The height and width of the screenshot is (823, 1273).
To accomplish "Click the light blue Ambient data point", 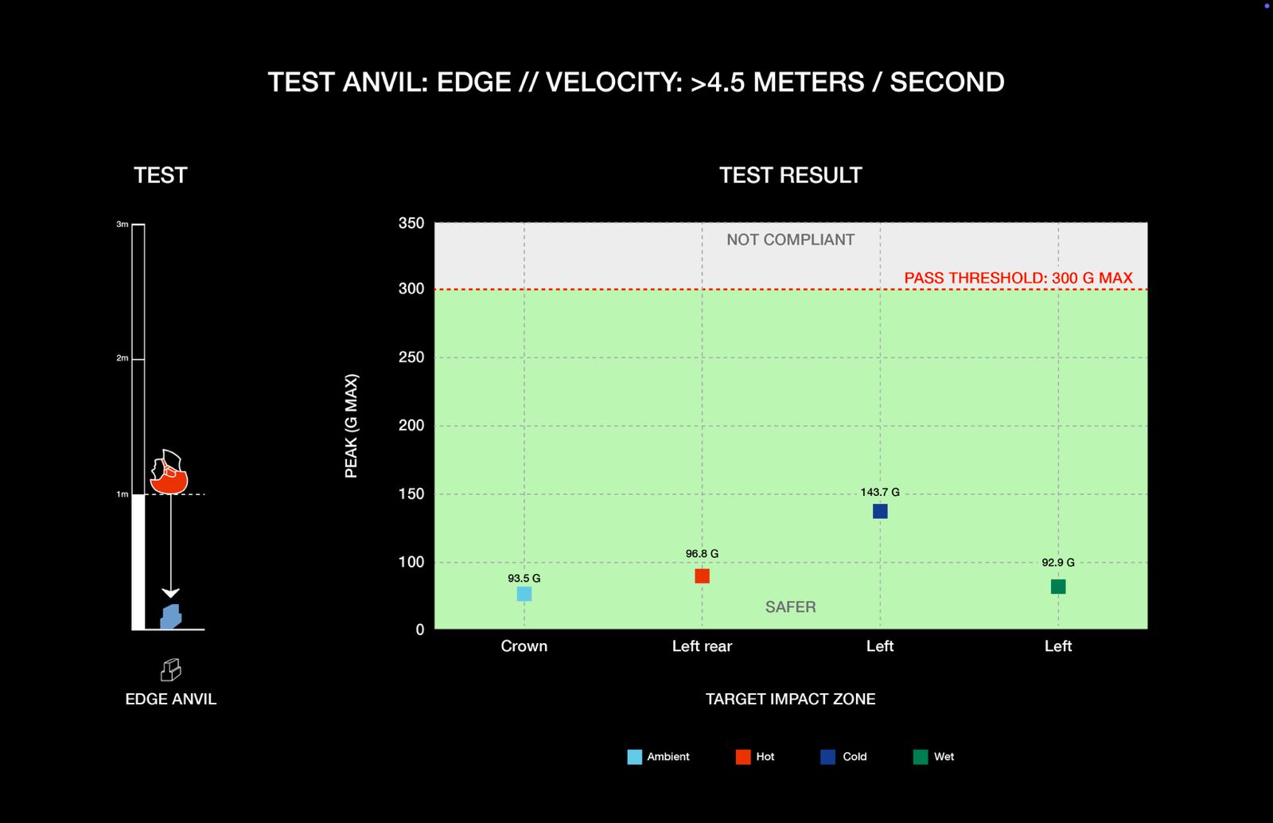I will pos(524,594).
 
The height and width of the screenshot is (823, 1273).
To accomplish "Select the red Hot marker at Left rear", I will pos(702,576).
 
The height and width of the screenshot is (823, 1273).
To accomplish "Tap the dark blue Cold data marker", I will pos(880,511).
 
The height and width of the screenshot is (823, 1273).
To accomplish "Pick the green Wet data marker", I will pos(1058,587).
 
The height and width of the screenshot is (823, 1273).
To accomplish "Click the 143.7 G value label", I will pos(880,492).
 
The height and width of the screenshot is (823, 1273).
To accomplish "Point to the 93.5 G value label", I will pos(524,579).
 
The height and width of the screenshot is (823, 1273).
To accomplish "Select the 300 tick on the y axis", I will pos(411,289).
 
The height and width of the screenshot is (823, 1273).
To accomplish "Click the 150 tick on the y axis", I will pos(411,494).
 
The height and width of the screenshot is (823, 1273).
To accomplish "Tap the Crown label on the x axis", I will pos(524,646).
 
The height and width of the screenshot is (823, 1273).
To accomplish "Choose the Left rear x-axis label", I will pos(702,646).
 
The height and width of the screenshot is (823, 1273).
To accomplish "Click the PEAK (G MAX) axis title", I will pos(351,426).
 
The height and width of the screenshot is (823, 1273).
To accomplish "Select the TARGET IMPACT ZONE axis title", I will pos(790,699).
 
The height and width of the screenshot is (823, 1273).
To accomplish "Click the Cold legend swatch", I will pos(828,757).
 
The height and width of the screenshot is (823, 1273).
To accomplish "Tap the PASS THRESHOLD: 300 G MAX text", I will pos(1018,278).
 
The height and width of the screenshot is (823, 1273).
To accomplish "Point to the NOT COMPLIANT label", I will pos(790,240).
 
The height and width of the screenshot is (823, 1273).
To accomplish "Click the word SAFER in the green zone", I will pos(790,607).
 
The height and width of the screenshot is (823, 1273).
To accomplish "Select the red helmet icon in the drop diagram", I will pos(169,473).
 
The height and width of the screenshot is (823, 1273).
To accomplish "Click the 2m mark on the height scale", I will pos(123,358).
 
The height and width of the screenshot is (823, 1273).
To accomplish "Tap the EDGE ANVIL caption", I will pos(170,699).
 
